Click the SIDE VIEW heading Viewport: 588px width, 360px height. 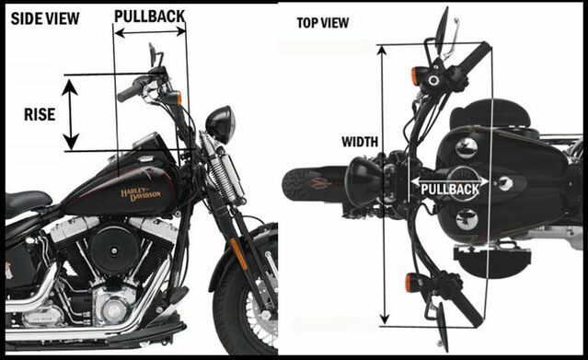pos(45,18)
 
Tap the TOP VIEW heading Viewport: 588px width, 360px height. pos(322,23)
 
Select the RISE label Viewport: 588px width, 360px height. pos(40,114)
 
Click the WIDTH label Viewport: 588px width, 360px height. pos(360,142)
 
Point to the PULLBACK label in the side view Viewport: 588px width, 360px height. pos(150,17)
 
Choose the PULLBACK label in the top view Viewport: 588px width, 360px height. pos(450,189)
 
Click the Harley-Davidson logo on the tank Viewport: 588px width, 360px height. pos(141,193)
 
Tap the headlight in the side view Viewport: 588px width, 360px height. pos(220,124)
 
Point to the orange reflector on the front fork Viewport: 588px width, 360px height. pos(238,254)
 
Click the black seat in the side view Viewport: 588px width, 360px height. pos(27,202)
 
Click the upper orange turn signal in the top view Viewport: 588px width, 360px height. pos(416,75)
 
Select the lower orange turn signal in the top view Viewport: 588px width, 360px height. pos(409,283)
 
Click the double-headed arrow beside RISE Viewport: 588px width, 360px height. pos(70,114)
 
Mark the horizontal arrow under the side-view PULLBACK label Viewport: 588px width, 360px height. pos(150,32)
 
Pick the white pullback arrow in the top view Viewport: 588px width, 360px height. pos(450,181)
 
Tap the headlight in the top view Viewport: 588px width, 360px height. pos(363,181)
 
